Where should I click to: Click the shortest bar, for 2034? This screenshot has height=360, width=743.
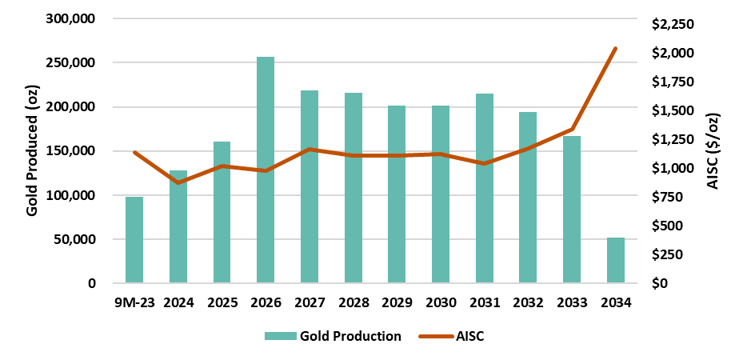click(x=615, y=261)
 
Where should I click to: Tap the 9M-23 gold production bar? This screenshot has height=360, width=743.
click(x=134, y=240)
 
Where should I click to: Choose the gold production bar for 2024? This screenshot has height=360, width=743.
click(x=178, y=227)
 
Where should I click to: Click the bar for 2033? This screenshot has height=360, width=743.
click(x=571, y=210)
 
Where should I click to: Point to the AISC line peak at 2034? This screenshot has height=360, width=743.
click(x=615, y=49)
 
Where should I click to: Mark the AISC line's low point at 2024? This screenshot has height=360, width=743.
click(x=178, y=183)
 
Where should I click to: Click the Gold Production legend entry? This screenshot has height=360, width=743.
click(x=333, y=336)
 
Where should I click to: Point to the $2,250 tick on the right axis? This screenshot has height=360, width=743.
click(x=673, y=24)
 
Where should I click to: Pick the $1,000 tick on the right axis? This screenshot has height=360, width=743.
click(x=673, y=168)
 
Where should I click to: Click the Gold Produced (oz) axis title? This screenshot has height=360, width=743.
click(x=32, y=150)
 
